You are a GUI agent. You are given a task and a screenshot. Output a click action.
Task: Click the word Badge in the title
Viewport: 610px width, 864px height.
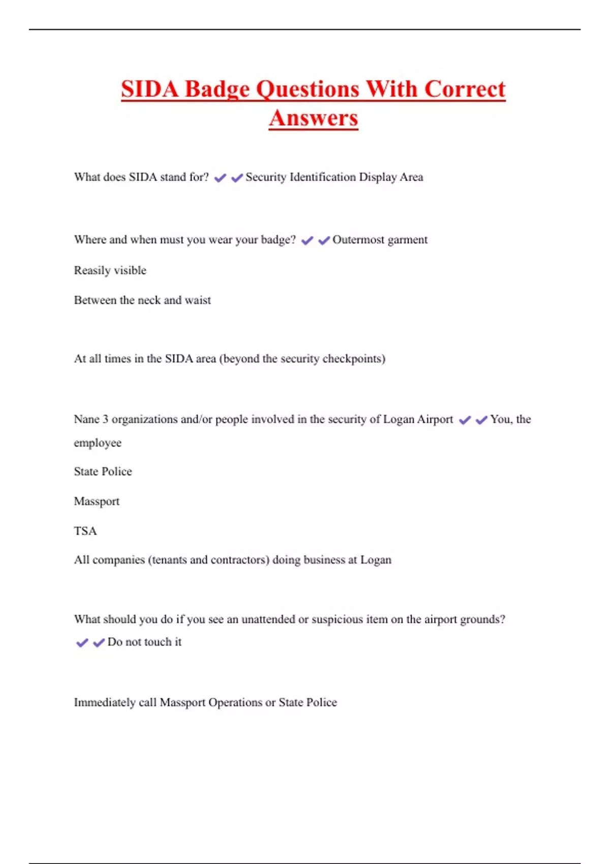point(217,89)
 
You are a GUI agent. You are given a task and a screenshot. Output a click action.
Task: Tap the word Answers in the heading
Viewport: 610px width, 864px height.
point(314,118)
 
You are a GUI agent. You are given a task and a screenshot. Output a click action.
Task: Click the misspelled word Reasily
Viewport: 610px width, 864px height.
point(92,270)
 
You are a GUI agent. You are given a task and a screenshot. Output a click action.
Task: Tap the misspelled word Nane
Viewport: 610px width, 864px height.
point(86,419)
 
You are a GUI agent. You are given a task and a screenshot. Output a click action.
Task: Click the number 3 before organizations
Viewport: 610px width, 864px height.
point(105,419)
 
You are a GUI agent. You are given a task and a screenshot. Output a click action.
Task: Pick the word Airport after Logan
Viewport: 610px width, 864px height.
point(435,419)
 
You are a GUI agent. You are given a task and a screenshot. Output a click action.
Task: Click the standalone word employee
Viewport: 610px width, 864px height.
point(98,443)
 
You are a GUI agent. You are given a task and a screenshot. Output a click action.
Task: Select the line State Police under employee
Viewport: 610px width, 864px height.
point(103,472)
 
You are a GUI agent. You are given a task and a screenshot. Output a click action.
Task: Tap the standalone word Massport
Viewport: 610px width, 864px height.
point(97,502)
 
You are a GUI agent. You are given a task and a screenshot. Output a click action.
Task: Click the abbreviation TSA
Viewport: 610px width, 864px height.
point(85,531)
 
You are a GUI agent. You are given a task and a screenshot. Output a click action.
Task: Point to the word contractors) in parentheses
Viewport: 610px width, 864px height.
point(240,560)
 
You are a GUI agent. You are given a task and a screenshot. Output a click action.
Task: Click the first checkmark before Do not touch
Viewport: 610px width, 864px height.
point(82,643)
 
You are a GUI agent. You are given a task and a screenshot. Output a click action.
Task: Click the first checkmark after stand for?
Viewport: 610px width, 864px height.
point(220,178)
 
